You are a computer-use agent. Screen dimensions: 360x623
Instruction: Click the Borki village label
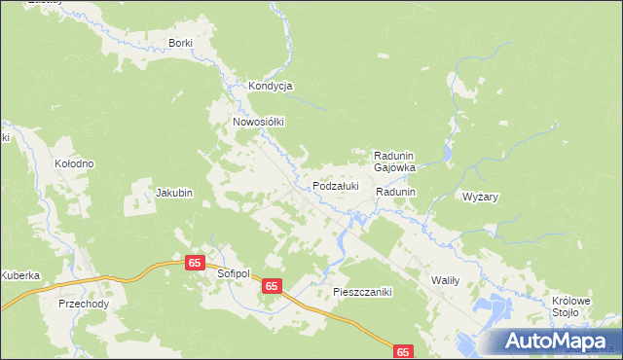pyautogui.click(x=181, y=43)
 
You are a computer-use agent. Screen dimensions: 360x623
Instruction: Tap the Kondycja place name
pyautogui.click(x=271, y=86)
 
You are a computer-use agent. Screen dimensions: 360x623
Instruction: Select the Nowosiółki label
pyautogui.click(x=257, y=122)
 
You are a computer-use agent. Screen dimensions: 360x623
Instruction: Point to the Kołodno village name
pyautogui.click(x=74, y=163)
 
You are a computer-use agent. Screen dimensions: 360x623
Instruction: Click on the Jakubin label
pyautogui.click(x=174, y=193)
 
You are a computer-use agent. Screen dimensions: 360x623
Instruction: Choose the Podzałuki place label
pyautogui.click(x=336, y=185)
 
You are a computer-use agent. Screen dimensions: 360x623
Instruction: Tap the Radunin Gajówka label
pyautogui.click(x=395, y=161)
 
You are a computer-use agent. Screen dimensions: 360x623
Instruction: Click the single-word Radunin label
pyautogui.click(x=396, y=193)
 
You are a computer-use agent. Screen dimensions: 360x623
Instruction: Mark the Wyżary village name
pyautogui.click(x=481, y=197)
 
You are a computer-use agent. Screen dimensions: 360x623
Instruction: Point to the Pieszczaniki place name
pyautogui.click(x=361, y=291)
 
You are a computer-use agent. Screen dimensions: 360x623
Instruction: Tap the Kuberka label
pyautogui.click(x=19, y=275)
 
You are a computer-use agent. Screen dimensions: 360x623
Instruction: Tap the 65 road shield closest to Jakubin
pyautogui.click(x=195, y=264)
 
